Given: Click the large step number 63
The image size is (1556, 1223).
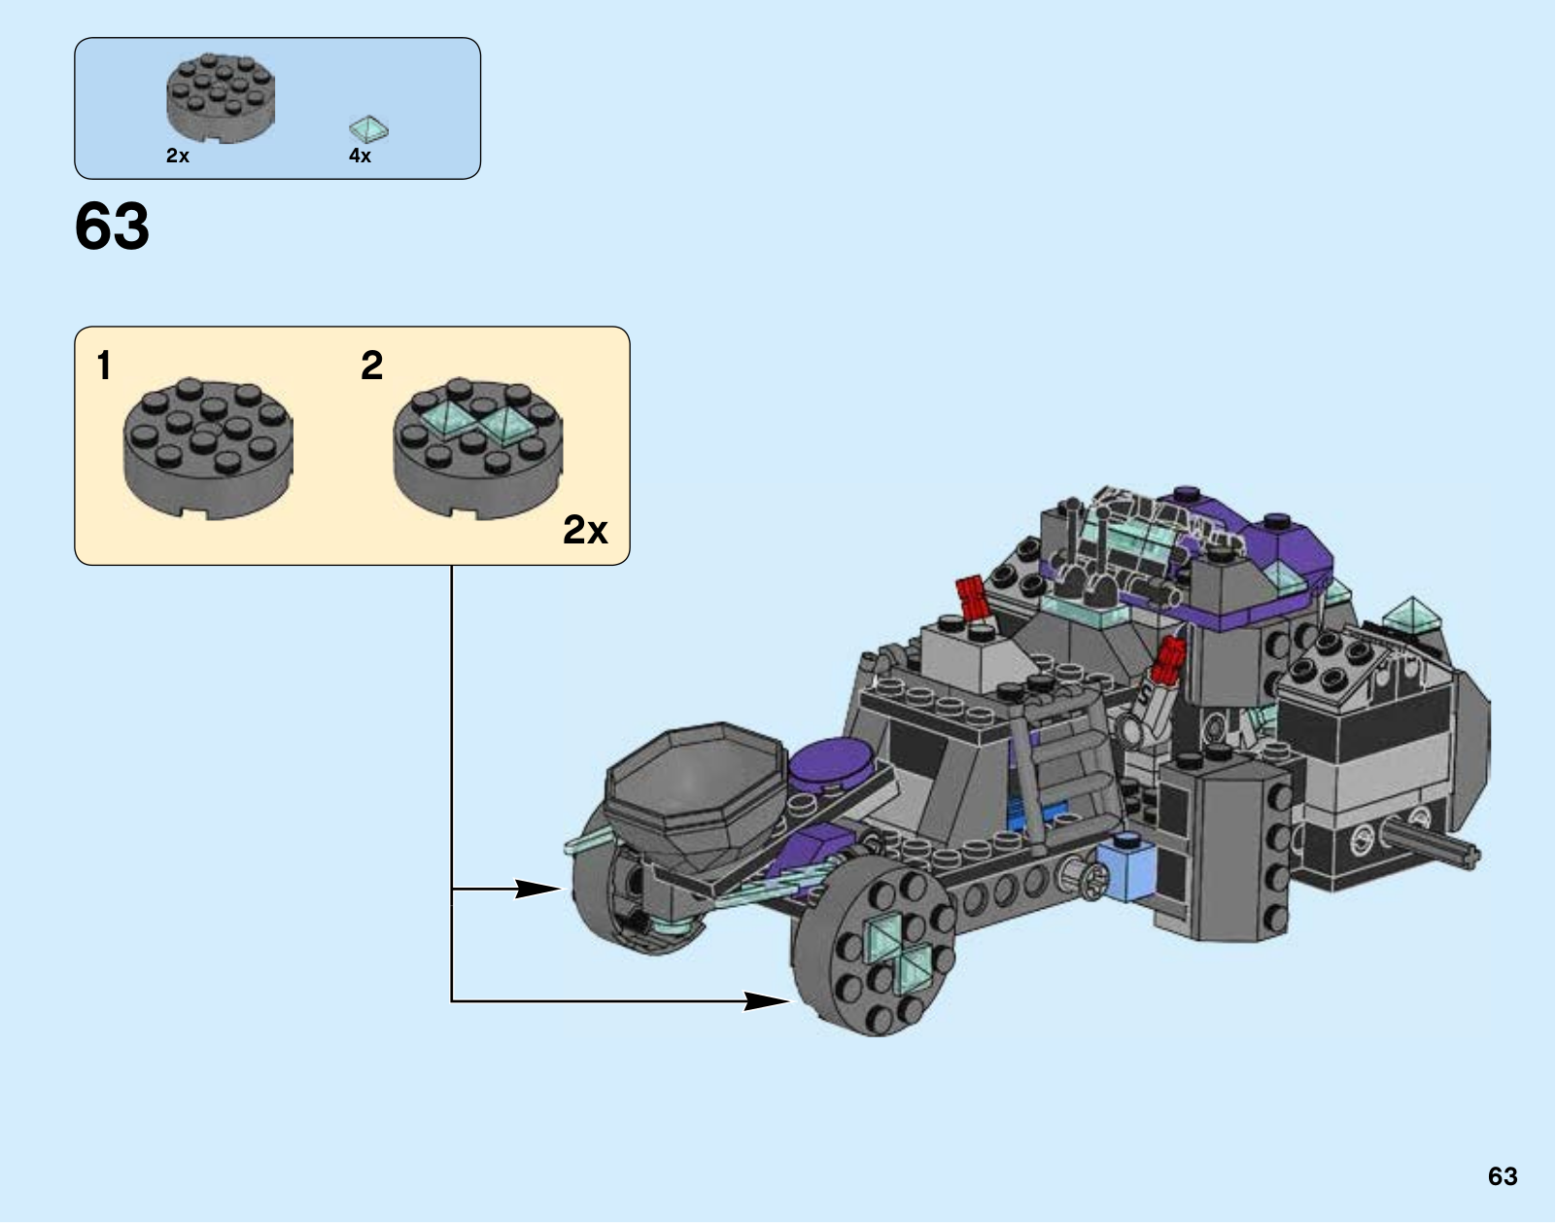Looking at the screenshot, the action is (112, 227).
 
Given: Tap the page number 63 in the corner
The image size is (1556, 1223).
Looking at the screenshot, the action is (1503, 1176).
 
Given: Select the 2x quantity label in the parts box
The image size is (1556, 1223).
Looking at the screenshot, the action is (178, 156).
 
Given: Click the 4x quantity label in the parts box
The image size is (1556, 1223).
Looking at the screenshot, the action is (360, 156).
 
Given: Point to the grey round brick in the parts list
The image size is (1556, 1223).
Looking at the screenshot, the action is (221, 98).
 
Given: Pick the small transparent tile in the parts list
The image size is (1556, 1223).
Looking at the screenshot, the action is (368, 129).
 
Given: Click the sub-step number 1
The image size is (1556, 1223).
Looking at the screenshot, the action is (105, 366).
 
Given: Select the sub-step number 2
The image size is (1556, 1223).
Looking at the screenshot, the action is (371, 366).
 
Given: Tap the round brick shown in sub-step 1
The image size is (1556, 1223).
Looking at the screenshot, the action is (208, 449).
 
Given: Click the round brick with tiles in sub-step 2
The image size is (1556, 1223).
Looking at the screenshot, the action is (477, 449).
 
